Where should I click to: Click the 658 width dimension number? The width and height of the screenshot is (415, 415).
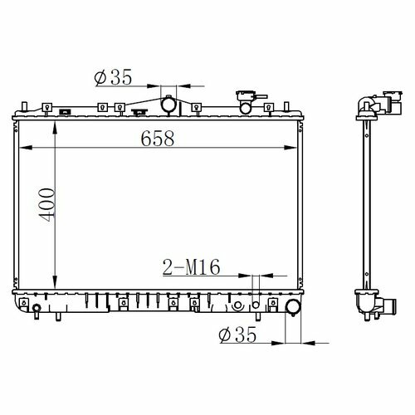[x=158, y=139]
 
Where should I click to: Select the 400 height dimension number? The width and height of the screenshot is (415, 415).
[x=47, y=205]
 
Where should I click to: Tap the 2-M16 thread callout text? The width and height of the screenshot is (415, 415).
[x=192, y=267]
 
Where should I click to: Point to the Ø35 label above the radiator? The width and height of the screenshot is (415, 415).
[x=113, y=77]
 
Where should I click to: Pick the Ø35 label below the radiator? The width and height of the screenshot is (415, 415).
[x=237, y=334]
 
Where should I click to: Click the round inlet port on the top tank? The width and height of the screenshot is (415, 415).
[x=168, y=104]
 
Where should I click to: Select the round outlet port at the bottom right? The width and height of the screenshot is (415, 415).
[x=293, y=306]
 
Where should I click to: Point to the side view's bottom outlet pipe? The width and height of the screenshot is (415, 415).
[x=388, y=306]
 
